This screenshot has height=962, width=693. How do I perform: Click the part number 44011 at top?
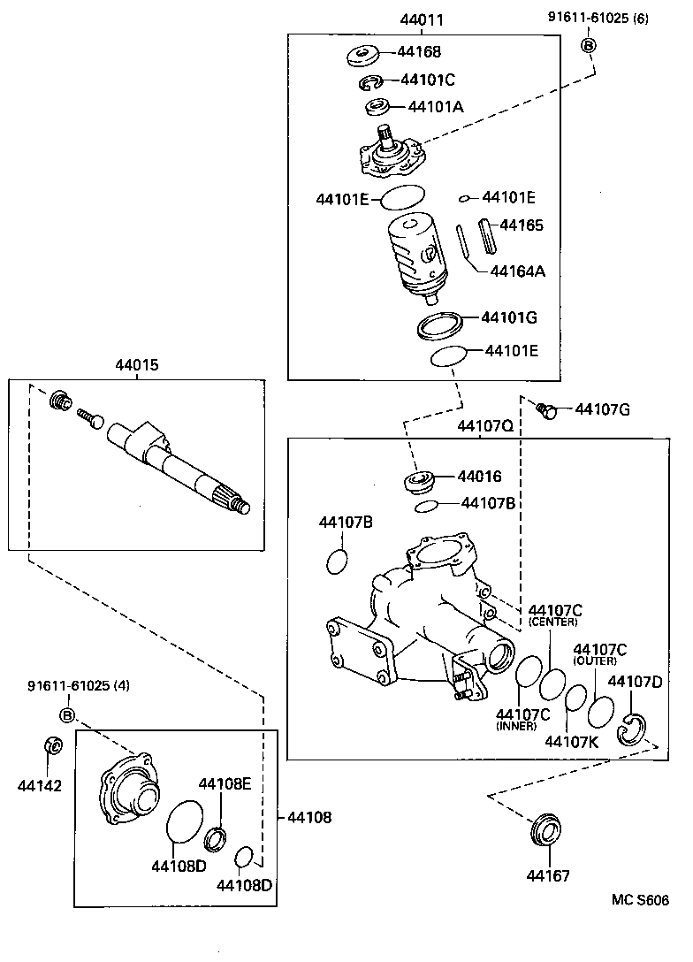(x=422, y=19)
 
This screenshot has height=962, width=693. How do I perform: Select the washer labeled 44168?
(x=362, y=54)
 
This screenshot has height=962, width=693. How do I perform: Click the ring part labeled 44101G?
(x=440, y=324)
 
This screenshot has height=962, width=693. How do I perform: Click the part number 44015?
(x=137, y=364)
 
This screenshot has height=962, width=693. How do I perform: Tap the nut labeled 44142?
(x=53, y=745)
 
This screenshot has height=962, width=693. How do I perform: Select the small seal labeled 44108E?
(x=215, y=836)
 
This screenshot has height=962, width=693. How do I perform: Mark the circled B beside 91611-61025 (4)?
(x=68, y=714)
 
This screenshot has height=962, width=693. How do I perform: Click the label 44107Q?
(x=484, y=426)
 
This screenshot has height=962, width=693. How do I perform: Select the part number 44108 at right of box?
(x=309, y=818)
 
